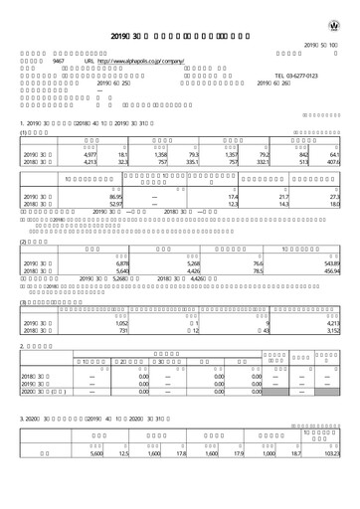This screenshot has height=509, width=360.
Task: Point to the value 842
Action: coord(304,155)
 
